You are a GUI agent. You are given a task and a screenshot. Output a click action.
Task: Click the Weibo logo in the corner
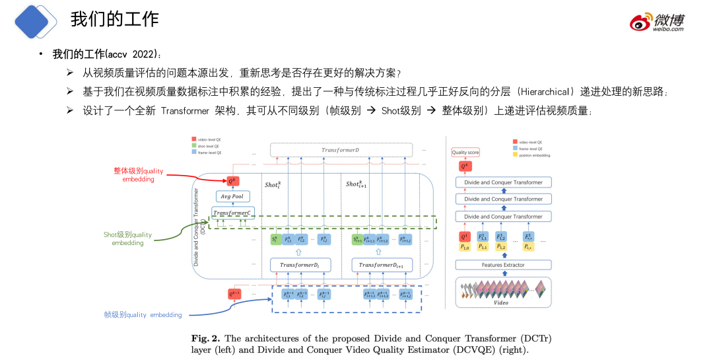[x=656, y=21]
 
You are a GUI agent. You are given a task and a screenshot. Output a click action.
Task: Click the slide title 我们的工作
[x=114, y=18]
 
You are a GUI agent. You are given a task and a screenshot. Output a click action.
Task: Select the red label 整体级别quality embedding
[x=138, y=174]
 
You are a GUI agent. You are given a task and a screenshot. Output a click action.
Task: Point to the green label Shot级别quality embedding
[x=127, y=238]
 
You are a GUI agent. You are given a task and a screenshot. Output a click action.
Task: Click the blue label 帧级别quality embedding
[x=143, y=314]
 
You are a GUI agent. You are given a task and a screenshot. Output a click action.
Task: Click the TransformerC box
[x=232, y=213]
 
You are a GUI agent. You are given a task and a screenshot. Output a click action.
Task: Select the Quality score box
[x=465, y=153]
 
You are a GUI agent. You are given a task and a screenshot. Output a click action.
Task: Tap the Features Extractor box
[x=503, y=265]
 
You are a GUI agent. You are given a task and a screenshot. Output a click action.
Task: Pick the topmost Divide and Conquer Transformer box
[x=503, y=182]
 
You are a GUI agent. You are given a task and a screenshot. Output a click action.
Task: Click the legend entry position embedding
[x=535, y=155]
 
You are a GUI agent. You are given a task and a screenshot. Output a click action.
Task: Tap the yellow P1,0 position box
[x=466, y=246]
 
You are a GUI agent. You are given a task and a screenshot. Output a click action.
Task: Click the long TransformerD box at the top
[x=341, y=150]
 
